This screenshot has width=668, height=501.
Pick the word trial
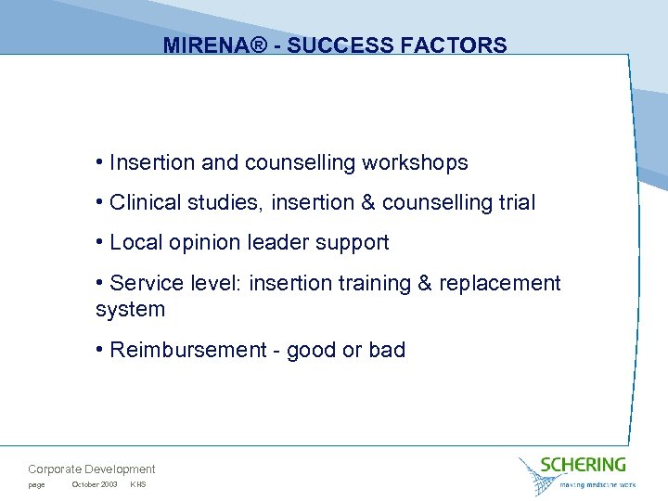pyautogui.click(x=515, y=202)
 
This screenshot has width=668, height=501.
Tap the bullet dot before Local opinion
pyautogui.click(x=99, y=243)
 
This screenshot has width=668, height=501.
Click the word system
pyautogui.click(x=130, y=309)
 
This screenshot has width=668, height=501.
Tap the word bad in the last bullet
pyautogui.click(x=387, y=350)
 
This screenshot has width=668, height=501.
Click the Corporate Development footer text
pyautogui.click(x=92, y=469)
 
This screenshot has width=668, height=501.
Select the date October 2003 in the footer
pyautogui.click(x=94, y=485)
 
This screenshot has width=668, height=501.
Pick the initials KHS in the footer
pyautogui.click(x=138, y=485)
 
